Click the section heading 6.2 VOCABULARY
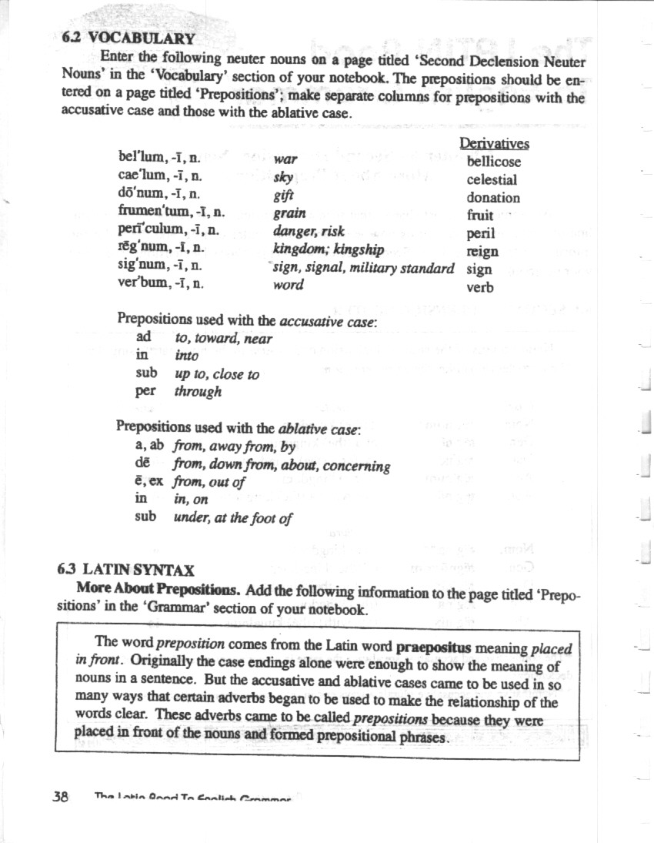(x=127, y=37)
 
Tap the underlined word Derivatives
(x=494, y=144)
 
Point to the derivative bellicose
(x=493, y=162)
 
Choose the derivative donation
(x=492, y=198)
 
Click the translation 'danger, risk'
(x=309, y=230)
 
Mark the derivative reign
(x=482, y=252)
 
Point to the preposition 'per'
(x=145, y=391)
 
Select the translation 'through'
(x=198, y=392)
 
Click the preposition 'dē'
(x=142, y=464)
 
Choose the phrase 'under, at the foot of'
(x=232, y=518)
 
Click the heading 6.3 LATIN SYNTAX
(x=126, y=570)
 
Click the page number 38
(x=61, y=797)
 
